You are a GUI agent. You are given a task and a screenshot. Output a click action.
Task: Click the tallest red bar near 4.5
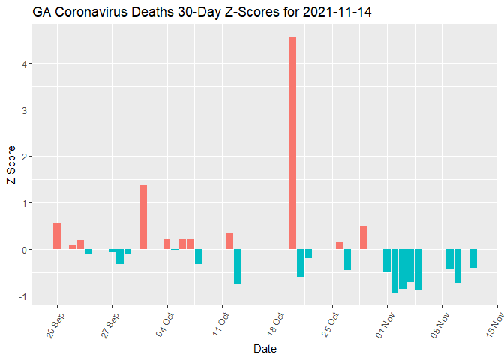[x=292, y=142]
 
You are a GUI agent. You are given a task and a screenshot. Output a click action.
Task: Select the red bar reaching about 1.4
[x=143, y=217]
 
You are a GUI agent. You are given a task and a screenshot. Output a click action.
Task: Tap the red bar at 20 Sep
[x=57, y=236]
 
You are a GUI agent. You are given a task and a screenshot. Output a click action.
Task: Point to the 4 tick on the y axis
[x=25, y=64]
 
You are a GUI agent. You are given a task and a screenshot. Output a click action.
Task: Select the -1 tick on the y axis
[x=23, y=296]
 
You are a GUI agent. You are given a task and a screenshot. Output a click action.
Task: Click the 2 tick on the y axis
[x=25, y=157]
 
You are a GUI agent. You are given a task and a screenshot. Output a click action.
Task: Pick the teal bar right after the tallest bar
[x=301, y=262]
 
